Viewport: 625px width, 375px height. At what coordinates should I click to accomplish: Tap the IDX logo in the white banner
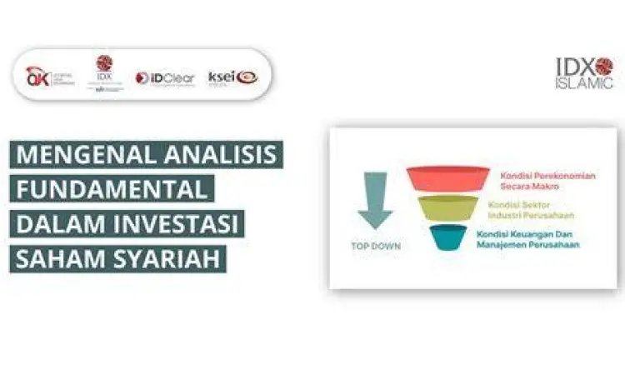tap(104, 74)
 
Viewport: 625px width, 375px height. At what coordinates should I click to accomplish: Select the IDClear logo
tap(164, 77)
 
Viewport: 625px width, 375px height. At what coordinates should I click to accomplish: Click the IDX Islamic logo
tap(584, 72)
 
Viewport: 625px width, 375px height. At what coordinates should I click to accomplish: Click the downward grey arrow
tap(374, 200)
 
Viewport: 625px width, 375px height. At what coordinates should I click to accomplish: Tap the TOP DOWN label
tap(374, 247)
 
